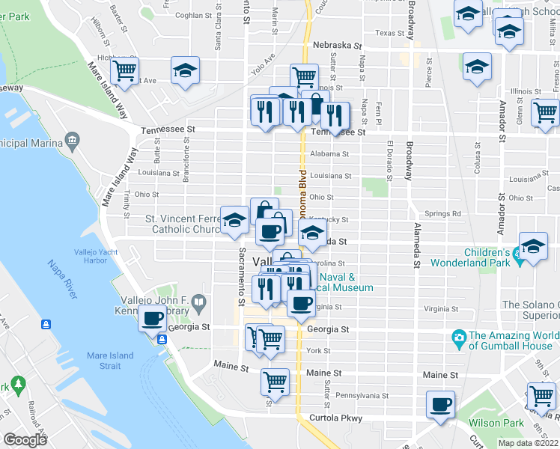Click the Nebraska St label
pos(332,45)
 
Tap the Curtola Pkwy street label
pos(332,418)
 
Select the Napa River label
pos(63,278)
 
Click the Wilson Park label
pos(496,423)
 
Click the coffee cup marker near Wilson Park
pos(439,405)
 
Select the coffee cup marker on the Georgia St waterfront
pos(152,318)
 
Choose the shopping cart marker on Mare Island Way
pos(124,71)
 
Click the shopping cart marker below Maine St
pos(275,382)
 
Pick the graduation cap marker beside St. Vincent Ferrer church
pos(235,220)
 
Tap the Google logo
pos(25,440)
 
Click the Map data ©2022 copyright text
pos(528,443)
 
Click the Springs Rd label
pos(446,213)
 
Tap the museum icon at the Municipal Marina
pos(73,139)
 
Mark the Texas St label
pos(390,33)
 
